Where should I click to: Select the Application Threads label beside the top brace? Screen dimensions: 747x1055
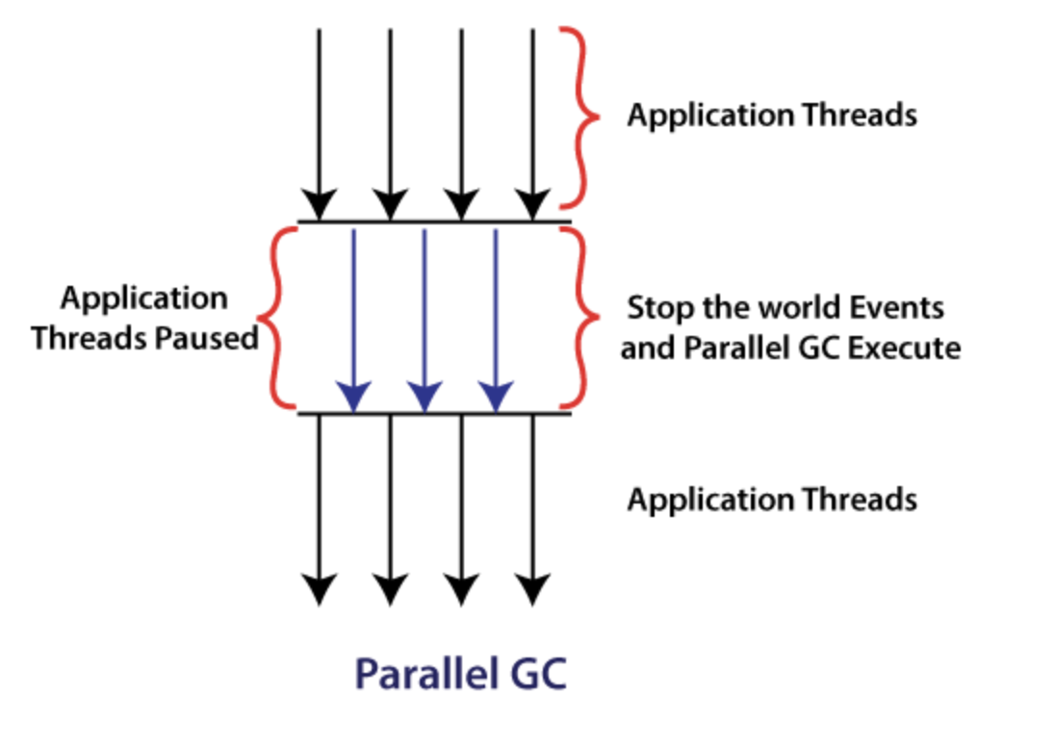[772, 116]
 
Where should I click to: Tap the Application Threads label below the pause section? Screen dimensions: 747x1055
[772, 500]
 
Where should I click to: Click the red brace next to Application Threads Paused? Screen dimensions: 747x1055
[272, 318]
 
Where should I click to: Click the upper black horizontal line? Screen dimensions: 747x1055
[433, 222]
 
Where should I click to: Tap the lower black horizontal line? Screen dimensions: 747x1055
[433, 414]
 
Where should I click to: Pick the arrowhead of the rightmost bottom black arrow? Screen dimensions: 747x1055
[532, 588]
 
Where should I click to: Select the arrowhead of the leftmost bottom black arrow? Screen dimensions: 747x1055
[320, 588]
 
